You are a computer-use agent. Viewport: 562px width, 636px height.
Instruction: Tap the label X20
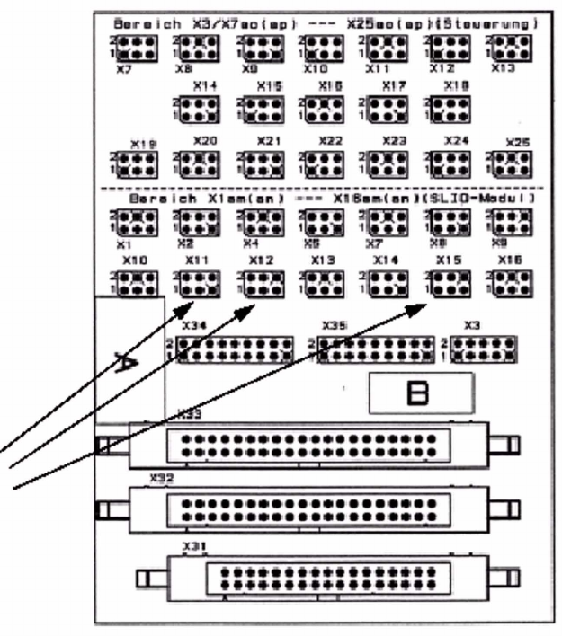pos(205,142)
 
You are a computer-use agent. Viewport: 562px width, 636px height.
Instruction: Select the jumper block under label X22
pos(325,163)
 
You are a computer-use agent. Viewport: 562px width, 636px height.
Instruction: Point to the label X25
pos(518,143)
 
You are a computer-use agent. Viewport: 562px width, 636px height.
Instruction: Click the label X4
pos(249,243)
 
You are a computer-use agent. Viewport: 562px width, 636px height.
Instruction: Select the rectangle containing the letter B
pos(420,393)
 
